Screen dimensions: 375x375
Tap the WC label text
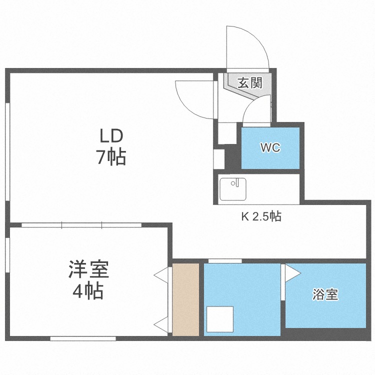(270, 148)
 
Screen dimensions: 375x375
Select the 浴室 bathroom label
(325, 294)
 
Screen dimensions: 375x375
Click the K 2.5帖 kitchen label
(261, 216)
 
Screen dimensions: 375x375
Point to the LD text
(110, 136)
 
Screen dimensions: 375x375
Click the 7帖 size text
(110, 158)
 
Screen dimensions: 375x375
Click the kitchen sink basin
(233, 188)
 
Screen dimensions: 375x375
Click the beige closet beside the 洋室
(185, 299)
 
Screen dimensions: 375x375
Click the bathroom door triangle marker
(291, 273)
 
